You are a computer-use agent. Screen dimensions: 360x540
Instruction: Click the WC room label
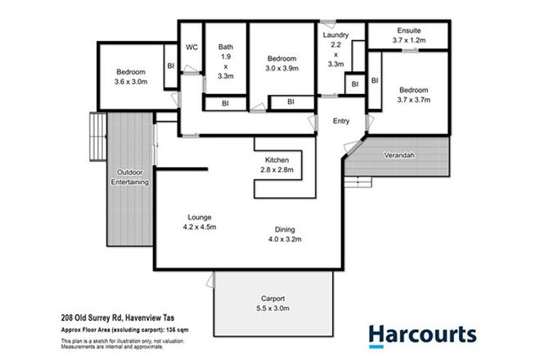[x=192, y=47]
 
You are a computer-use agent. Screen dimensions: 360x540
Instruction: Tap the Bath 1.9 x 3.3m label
[x=226, y=62]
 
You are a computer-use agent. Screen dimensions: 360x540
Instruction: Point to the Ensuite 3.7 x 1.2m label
[x=407, y=35]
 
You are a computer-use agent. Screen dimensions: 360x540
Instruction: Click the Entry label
[x=341, y=121]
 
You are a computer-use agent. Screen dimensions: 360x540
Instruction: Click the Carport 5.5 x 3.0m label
[x=275, y=304]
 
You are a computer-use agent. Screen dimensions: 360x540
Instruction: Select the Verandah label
[x=398, y=155]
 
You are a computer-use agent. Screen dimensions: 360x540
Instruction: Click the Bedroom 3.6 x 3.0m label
[x=130, y=76]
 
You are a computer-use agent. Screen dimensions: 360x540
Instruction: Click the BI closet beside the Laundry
[x=355, y=84]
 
